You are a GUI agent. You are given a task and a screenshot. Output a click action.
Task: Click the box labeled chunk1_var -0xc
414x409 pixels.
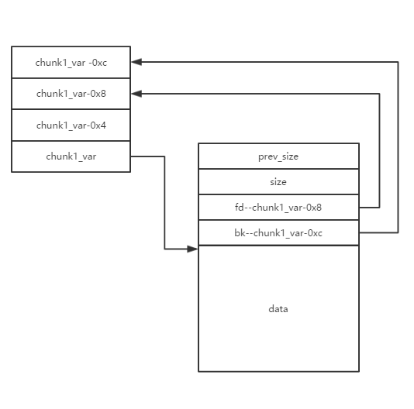pyautogui.click(x=71, y=62)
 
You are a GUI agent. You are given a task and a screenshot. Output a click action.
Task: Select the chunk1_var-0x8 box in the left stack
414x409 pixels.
pyautogui.click(x=71, y=94)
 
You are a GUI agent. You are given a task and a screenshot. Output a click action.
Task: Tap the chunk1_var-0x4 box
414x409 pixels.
pyautogui.click(x=71, y=125)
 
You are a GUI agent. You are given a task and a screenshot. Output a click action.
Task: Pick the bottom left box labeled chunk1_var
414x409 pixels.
pyautogui.click(x=71, y=156)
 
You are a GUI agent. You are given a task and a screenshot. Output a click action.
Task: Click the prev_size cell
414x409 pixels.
pyautogui.click(x=278, y=156)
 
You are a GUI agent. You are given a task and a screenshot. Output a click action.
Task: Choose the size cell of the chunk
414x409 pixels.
pyautogui.click(x=278, y=182)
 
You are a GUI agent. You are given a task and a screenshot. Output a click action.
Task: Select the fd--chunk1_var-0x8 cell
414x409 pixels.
pyautogui.click(x=278, y=208)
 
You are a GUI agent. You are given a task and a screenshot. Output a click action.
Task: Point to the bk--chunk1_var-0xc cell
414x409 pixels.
pyautogui.click(x=278, y=232)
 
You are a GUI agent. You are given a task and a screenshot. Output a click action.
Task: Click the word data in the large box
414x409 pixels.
pyautogui.click(x=278, y=309)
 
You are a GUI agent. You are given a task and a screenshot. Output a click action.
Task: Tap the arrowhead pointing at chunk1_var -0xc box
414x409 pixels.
pyautogui.click(x=136, y=62)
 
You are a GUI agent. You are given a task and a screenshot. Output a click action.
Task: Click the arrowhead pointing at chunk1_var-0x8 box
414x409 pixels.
pyautogui.click(x=136, y=94)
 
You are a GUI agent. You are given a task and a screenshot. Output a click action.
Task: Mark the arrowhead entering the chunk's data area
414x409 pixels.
pyautogui.click(x=192, y=249)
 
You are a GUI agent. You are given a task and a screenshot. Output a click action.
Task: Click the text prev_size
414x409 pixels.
pyautogui.click(x=278, y=156)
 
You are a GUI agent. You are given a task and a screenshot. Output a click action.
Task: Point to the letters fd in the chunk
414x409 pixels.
pyautogui.click(x=240, y=208)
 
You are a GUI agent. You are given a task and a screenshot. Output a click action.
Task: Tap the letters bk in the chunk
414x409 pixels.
pyautogui.click(x=240, y=232)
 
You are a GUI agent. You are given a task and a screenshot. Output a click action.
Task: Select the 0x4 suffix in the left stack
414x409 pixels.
pyautogui.click(x=98, y=125)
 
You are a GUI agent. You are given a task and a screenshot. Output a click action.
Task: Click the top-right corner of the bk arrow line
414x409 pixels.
pyautogui.click(x=398, y=62)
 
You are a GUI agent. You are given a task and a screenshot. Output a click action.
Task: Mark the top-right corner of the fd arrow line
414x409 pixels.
pyautogui.click(x=380, y=94)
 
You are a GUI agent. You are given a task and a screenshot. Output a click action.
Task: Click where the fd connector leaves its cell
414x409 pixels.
pyautogui.click(x=360, y=208)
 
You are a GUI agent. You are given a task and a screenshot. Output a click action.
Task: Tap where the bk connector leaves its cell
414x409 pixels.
pyautogui.click(x=360, y=232)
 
